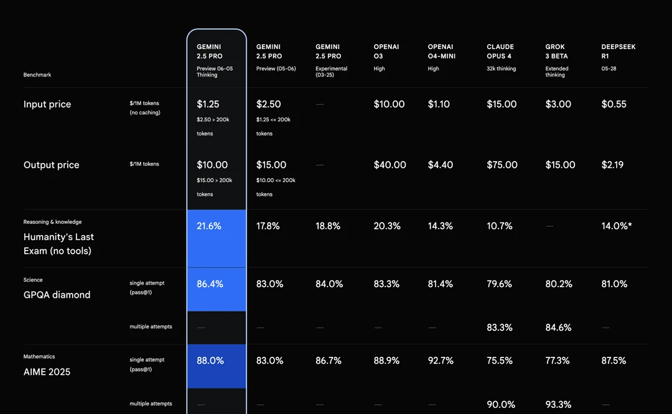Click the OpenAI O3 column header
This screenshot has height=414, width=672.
[x=386, y=52]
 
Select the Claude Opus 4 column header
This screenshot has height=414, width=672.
[x=500, y=52]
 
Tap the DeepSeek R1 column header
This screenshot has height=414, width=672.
[x=618, y=52]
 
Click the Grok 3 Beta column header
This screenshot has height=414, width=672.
[x=556, y=52]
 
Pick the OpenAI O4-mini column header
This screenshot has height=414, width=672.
[x=441, y=52]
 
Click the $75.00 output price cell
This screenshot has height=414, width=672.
[x=502, y=165]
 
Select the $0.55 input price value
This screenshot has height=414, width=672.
[x=614, y=104]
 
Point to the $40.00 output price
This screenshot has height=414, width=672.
[x=390, y=165]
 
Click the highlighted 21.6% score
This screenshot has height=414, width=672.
[x=209, y=226]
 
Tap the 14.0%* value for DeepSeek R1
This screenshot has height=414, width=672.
[x=616, y=226]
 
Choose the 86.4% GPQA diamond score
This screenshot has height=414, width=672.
[x=210, y=284]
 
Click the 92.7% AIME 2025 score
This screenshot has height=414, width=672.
[x=441, y=361]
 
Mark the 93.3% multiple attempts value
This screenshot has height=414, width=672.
[x=558, y=405]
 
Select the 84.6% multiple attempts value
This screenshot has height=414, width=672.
[x=558, y=328]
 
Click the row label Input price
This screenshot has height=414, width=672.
[x=47, y=104]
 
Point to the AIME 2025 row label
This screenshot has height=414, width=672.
[x=47, y=372]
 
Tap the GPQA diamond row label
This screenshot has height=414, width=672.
[x=57, y=295]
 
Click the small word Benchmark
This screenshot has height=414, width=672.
[x=37, y=75]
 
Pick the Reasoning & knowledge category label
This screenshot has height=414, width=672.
[x=52, y=222]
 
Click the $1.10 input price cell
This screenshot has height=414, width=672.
[x=439, y=104]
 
